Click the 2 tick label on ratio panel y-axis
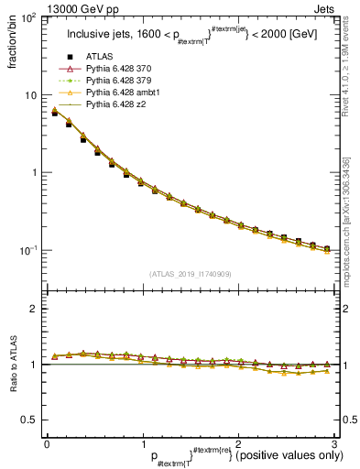coord(35,309)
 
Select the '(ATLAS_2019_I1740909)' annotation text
coord(190,274)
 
